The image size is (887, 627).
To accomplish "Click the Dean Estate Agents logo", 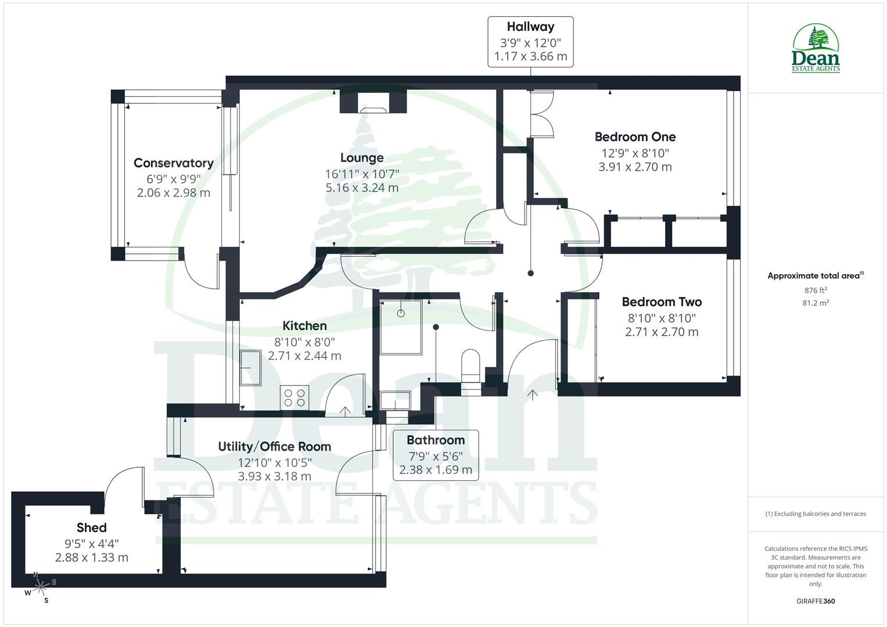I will (816, 49).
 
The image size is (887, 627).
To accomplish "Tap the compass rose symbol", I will (40, 587).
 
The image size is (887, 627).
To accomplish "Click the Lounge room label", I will (362, 158).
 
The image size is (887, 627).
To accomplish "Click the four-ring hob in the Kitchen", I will (293, 398).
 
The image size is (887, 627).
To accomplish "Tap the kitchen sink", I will (251, 368).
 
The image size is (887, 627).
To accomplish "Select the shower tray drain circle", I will (401, 313).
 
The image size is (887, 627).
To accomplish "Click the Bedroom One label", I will (635, 137).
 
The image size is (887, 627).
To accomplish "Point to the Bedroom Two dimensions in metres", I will (662, 332).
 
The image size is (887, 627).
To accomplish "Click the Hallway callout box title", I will (530, 27).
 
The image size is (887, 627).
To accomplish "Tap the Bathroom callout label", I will (436, 440).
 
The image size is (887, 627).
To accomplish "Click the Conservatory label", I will (173, 163).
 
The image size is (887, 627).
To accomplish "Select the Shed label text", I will (92, 527).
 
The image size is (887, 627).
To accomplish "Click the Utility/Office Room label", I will (274, 446).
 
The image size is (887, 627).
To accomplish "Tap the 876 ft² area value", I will (816, 290).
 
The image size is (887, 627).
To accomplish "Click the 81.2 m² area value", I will (816, 302).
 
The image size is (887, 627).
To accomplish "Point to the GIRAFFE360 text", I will (815, 601).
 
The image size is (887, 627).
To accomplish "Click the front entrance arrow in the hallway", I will (532, 395).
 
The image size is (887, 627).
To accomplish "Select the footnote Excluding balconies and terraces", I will (816, 514).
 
